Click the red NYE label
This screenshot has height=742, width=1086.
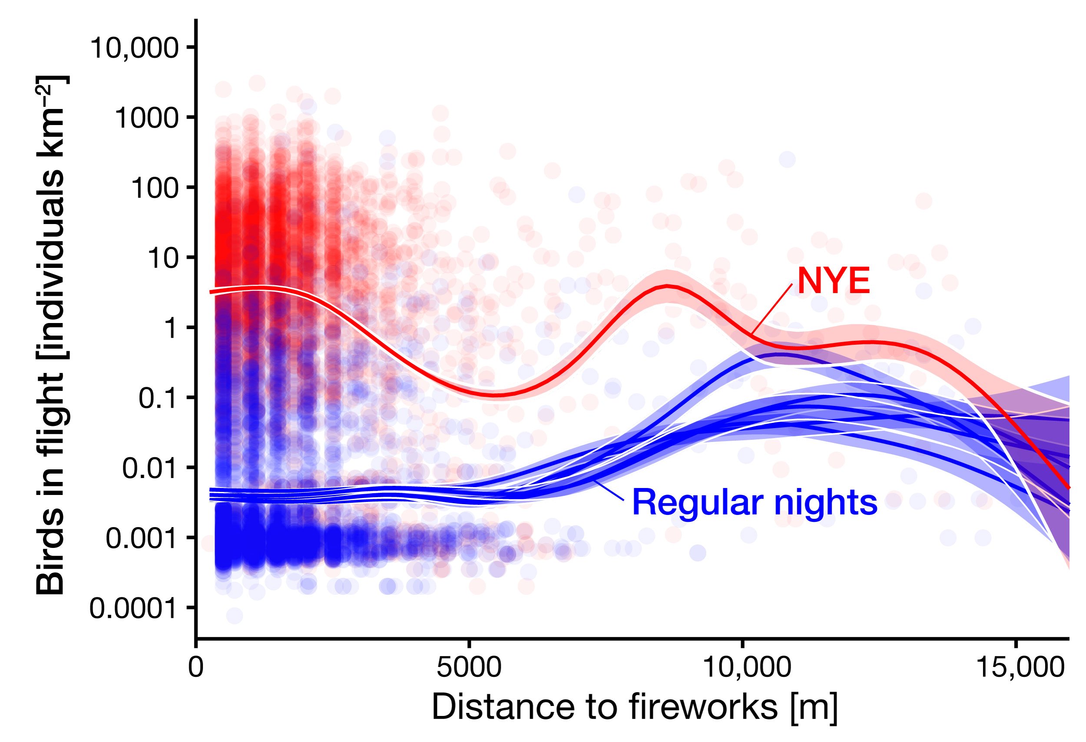click(833, 282)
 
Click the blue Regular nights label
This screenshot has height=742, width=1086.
click(754, 503)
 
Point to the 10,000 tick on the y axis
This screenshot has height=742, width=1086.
click(134, 48)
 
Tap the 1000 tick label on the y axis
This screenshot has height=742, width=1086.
click(146, 118)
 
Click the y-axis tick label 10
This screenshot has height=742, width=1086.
click(163, 258)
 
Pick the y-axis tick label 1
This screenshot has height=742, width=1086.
click(171, 328)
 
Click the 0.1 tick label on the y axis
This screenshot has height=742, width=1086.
click(159, 398)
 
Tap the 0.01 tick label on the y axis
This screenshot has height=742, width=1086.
click(150, 468)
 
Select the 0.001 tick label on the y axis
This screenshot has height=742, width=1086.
click(142, 538)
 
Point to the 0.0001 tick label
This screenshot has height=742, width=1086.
click(134, 608)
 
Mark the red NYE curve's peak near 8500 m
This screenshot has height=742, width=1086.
click(667, 286)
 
